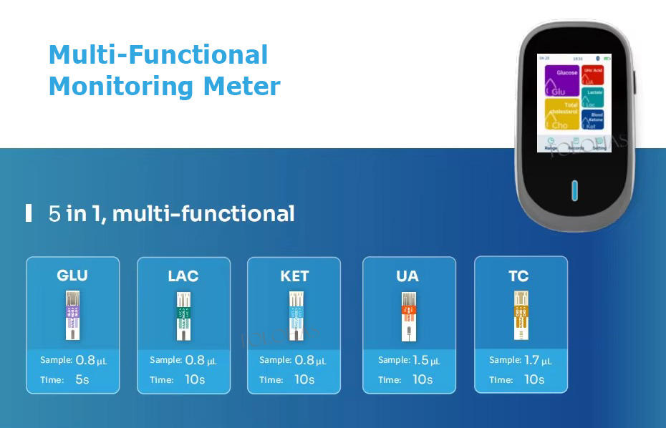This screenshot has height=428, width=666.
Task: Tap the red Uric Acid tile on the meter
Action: (593, 75)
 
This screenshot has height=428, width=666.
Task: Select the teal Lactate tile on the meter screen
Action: (593, 97)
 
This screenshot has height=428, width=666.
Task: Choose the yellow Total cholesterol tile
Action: (561, 115)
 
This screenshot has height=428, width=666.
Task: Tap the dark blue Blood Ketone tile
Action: (593, 120)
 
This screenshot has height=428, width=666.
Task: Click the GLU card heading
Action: (72, 276)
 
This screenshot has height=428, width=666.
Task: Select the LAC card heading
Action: (183, 276)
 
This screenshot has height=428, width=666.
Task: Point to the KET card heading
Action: (294, 276)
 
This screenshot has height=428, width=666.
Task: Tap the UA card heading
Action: (407, 276)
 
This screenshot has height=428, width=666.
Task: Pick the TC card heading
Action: (518, 276)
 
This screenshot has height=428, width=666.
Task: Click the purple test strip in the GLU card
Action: (72, 316)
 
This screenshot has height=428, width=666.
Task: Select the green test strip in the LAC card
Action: (183, 316)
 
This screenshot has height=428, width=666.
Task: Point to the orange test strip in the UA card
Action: (407, 316)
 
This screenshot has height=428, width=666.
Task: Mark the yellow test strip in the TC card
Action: (518, 316)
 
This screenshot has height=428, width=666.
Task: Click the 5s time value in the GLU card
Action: (82, 379)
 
